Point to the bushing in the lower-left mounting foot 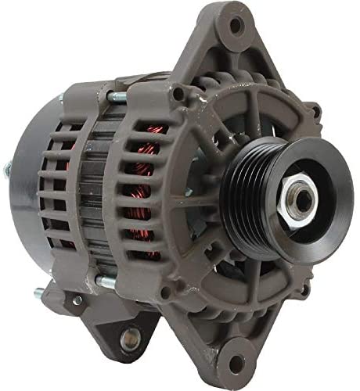[131, 339]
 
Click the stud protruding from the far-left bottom [38, 295]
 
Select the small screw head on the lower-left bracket [77, 300]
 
